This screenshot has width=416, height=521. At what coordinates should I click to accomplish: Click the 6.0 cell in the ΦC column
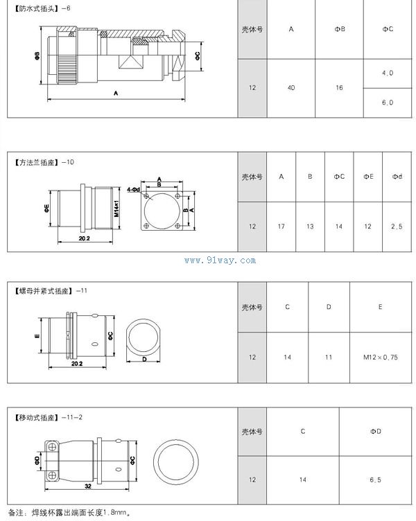[388, 103]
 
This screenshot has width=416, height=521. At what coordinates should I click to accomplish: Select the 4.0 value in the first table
[388, 73]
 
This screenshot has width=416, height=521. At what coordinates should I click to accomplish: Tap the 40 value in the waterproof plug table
[291, 88]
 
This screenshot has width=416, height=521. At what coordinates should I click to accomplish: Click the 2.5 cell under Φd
[397, 227]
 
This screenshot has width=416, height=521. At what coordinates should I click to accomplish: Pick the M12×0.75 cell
[381, 357]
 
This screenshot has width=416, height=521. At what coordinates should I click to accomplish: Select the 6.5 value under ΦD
[375, 480]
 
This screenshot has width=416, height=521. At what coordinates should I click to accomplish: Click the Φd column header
[397, 177]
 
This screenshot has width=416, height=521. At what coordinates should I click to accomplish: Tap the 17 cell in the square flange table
[281, 227]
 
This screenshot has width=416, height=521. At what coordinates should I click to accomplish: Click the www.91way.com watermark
[220, 260]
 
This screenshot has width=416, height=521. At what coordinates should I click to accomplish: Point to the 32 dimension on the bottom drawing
[88, 486]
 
